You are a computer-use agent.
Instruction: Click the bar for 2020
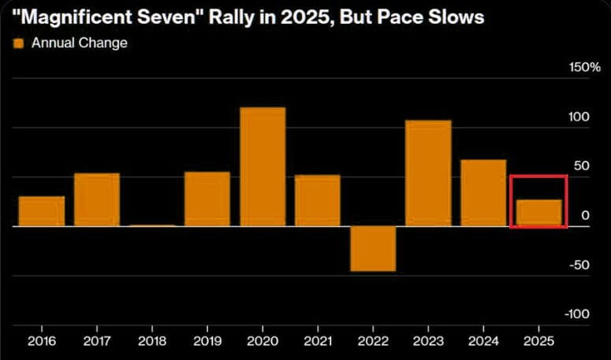(x=263, y=166)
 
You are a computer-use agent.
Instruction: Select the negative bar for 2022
(x=373, y=248)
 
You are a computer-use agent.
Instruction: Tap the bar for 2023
(x=428, y=173)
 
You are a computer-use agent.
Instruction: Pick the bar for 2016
(x=42, y=211)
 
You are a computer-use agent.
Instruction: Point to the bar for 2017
(x=97, y=199)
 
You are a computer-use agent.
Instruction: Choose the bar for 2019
(x=207, y=199)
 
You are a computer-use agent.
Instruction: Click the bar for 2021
(x=318, y=200)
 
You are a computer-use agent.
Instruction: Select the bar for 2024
(x=483, y=192)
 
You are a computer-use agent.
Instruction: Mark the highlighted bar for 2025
(x=538, y=213)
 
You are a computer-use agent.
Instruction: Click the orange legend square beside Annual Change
(x=19, y=43)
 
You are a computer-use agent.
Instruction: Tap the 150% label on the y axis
(x=584, y=68)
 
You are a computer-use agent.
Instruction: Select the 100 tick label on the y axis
(x=579, y=117)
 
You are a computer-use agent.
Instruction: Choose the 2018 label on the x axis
(x=152, y=341)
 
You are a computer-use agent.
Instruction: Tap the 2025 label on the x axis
(x=538, y=341)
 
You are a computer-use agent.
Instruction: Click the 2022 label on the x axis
(x=373, y=341)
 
